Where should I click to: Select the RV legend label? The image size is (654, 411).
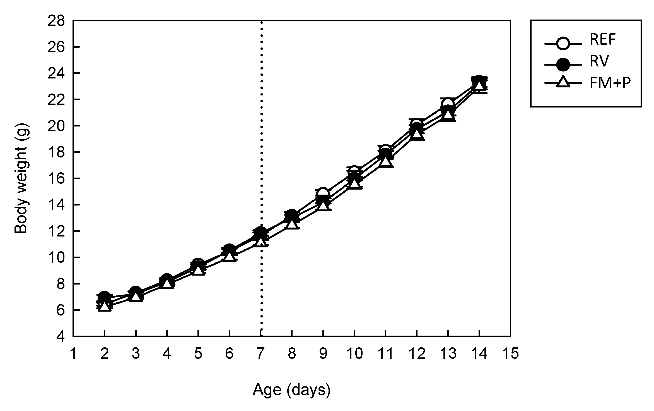pyautogui.click(x=598, y=61)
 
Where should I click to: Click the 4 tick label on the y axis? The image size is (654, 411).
pyautogui.click(x=61, y=337)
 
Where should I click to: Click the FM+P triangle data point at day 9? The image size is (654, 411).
pyautogui.click(x=323, y=206)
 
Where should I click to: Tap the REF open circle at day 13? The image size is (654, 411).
pyautogui.click(x=448, y=104)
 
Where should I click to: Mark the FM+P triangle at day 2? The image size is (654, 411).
pyautogui.click(x=104, y=306)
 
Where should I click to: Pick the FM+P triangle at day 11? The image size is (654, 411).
pyautogui.click(x=385, y=161)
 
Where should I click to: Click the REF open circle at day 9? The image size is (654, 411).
pyautogui.click(x=323, y=193)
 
